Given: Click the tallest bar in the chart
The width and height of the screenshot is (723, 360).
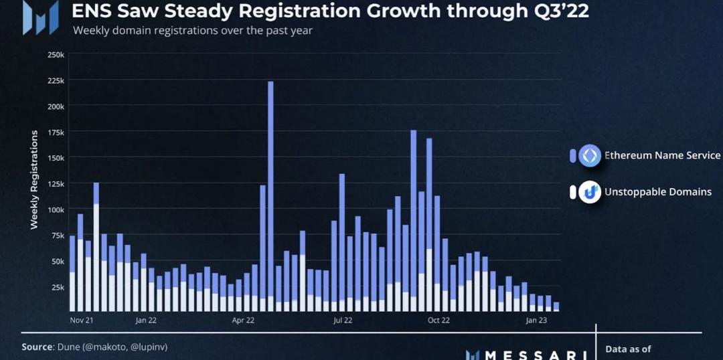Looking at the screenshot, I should click(x=270, y=194).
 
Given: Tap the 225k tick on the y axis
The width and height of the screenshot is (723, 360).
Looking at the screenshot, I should click(x=56, y=80).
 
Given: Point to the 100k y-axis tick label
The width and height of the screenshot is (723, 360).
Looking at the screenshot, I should click(x=56, y=209).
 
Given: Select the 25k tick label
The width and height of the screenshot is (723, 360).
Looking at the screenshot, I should click(x=58, y=287).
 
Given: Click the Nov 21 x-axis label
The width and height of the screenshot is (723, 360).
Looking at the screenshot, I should click(x=82, y=321).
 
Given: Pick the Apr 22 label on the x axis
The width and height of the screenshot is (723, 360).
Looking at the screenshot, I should click(x=243, y=321).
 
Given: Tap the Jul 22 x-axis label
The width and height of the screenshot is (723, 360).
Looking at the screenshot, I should click(x=342, y=321).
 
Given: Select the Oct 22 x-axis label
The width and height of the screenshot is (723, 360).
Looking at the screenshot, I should click(x=438, y=321).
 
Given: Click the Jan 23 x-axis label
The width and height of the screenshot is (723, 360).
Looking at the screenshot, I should click(x=536, y=321).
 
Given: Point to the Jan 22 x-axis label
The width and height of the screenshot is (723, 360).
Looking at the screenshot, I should click(x=145, y=321).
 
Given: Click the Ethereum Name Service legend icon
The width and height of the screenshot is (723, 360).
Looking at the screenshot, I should click(x=590, y=156).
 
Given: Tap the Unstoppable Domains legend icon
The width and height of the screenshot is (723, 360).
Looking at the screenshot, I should click(x=590, y=192).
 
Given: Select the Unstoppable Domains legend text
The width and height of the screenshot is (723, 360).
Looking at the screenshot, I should click(x=657, y=192).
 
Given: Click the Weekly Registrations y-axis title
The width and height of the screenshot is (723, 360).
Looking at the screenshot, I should click(x=34, y=180).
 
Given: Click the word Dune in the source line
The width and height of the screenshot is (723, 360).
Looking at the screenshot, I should click(x=68, y=347).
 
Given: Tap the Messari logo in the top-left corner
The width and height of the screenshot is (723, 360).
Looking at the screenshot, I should click(x=40, y=18).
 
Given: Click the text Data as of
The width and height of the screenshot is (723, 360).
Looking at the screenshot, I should click(x=628, y=349).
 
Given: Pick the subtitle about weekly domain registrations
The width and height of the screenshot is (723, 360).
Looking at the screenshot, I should click(x=192, y=31).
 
